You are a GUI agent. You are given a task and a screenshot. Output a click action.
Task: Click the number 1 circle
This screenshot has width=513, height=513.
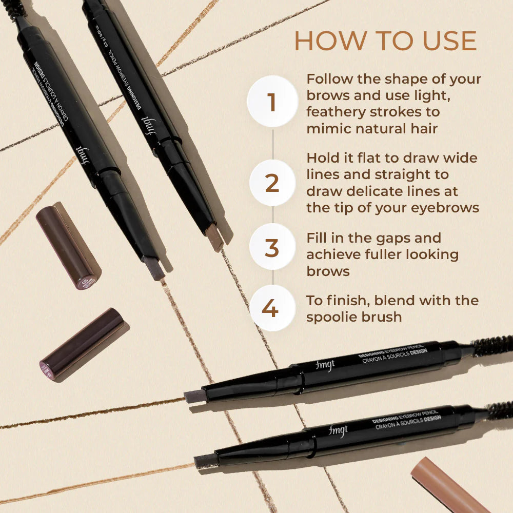(272, 102)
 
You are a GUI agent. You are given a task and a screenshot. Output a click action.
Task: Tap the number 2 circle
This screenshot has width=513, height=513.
(272, 183)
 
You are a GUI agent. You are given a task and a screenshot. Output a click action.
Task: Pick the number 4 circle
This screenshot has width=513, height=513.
(271, 308)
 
